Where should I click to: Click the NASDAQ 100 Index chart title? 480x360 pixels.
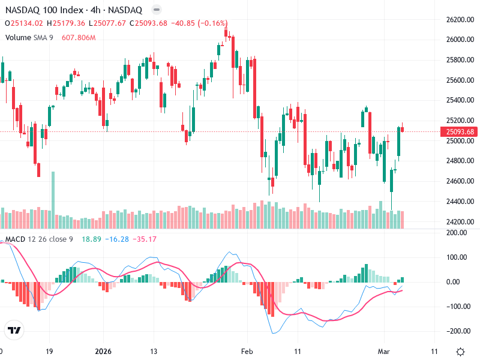[x=74, y=10]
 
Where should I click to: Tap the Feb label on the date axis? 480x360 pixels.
[x=247, y=350]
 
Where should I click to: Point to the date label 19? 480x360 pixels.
[x=50, y=350]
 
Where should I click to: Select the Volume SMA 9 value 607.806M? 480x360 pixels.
[x=79, y=38]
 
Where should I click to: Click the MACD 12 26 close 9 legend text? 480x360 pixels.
[x=40, y=239]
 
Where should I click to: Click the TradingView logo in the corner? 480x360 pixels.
[x=14, y=330]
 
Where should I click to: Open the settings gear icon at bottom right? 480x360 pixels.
[x=460, y=351]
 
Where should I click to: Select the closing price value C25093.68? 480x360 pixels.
[x=149, y=23]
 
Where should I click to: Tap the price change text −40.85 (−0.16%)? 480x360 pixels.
[x=199, y=23]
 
